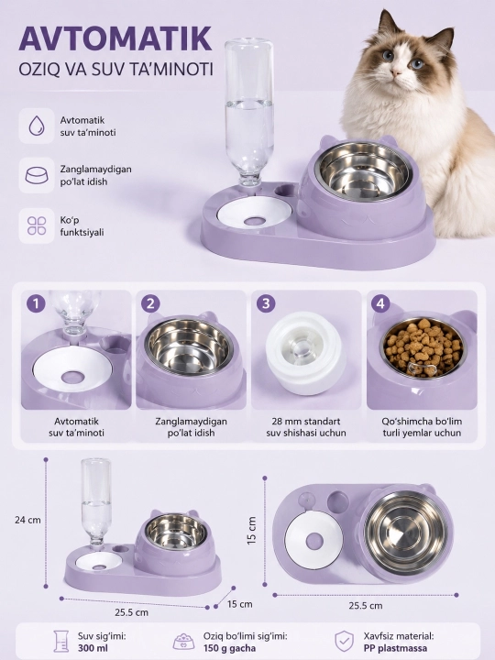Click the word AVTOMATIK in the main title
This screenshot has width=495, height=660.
pyautogui.click(x=115, y=38)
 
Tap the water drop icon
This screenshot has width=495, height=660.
pyautogui.click(x=37, y=126)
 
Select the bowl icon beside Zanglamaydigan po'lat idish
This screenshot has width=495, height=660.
pyautogui.click(x=37, y=175)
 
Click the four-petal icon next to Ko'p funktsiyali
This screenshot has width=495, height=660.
pyautogui.click(x=37, y=225)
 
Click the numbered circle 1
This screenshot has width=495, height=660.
pyautogui.click(x=36, y=303)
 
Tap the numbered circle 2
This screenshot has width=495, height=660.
pyautogui.click(x=150, y=303)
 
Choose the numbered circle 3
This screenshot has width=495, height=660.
pyautogui.click(x=266, y=303)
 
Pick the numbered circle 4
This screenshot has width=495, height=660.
pyautogui.click(x=380, y=303)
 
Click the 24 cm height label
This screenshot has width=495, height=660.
pyautogui.click(x=27, y=520)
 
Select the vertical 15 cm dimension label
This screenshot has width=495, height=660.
pyautogui.click(x=251, y=531)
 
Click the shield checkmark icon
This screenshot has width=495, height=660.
pyautogui.click(x=345, y=642)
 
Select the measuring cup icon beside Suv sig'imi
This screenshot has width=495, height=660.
pyautogui.click(x=61, y=642)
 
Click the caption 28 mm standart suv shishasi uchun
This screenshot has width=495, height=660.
pyautogui.click(x=306, y=427)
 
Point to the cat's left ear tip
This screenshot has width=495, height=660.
pyautogui.click(x=383, y=12)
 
